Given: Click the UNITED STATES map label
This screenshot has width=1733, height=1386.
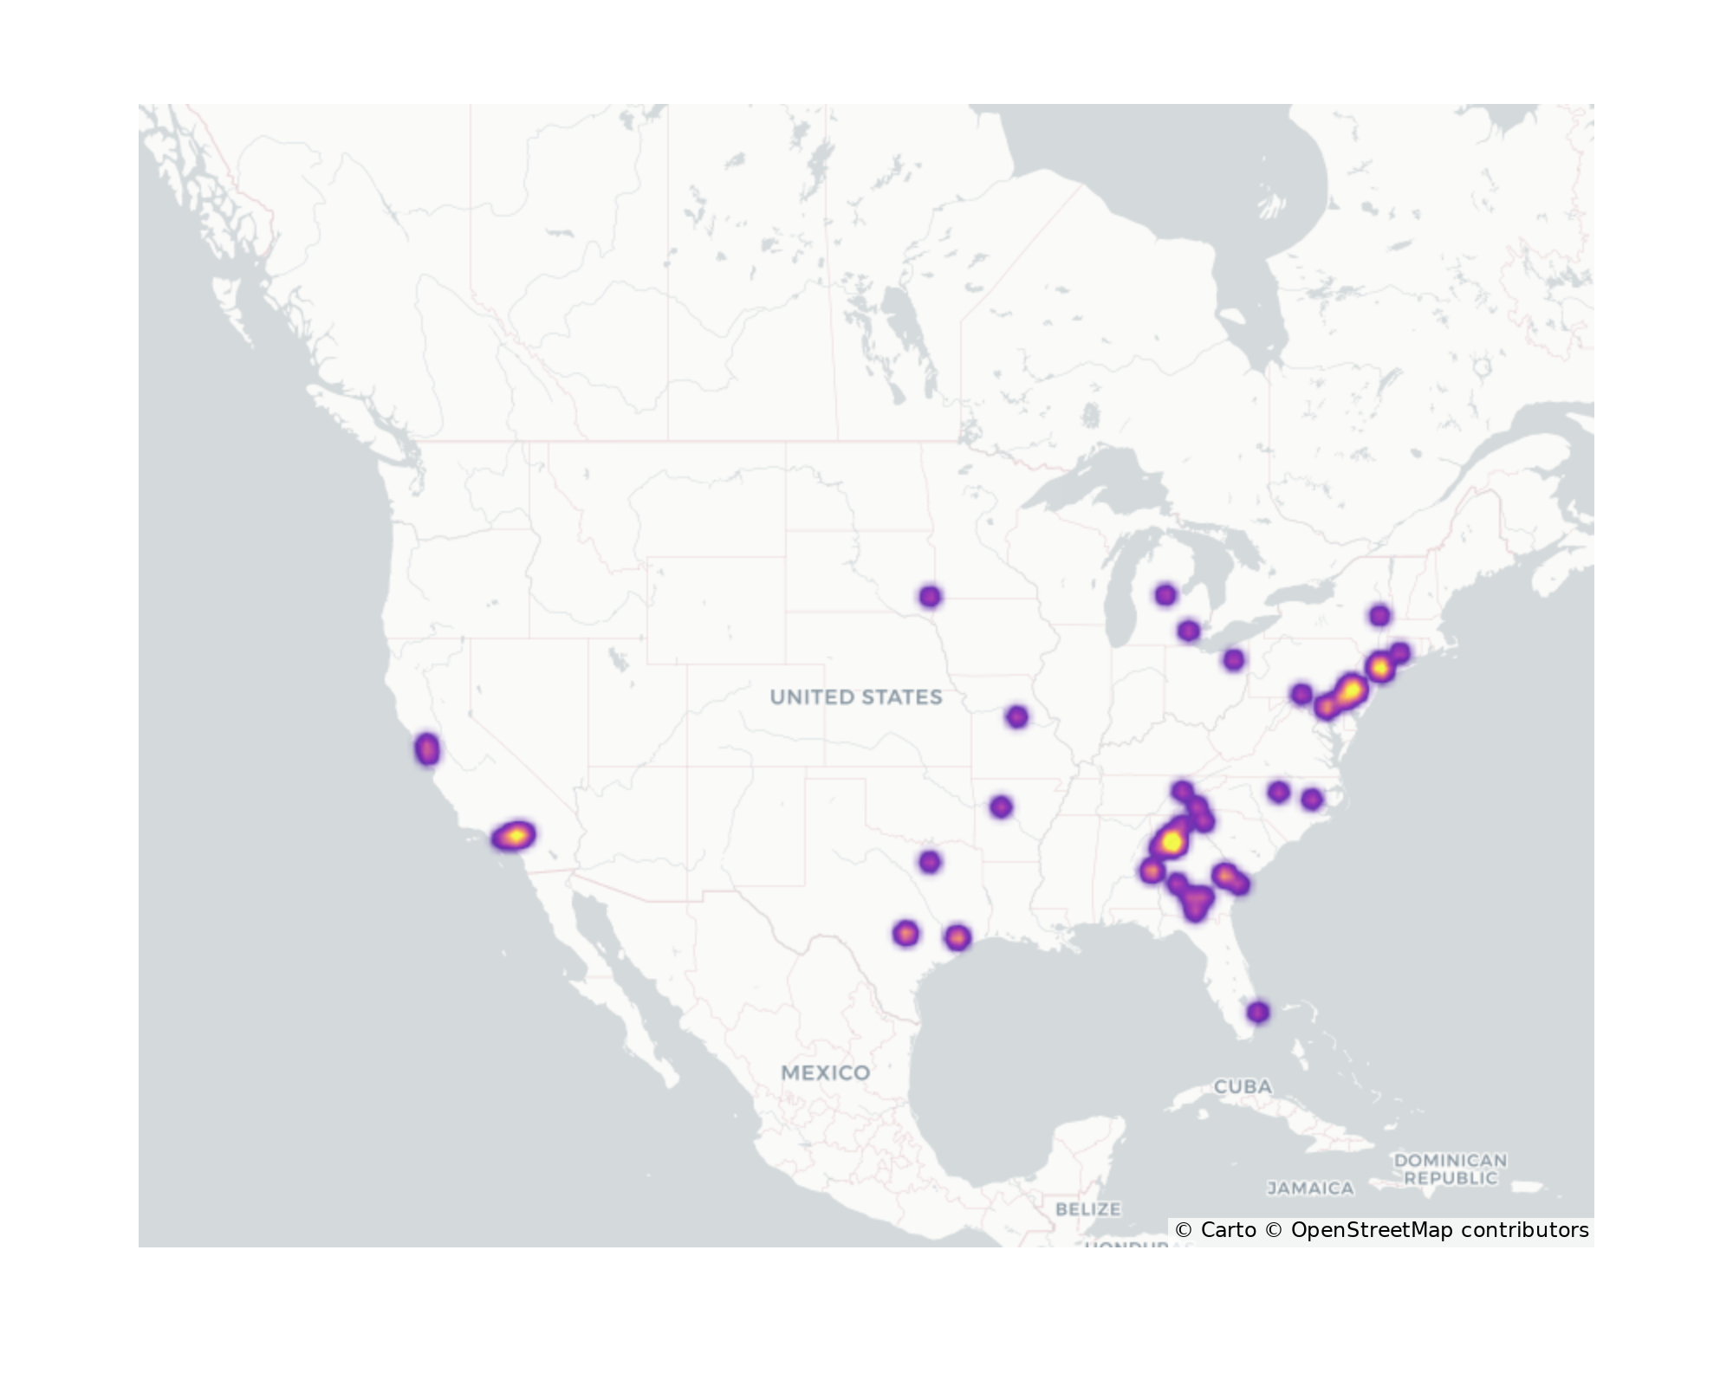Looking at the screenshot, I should [x=855, y=697].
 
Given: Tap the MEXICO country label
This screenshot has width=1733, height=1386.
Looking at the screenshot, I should [x=825, y=1072].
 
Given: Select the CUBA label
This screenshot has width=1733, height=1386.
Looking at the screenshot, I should [x=1243, y=1086].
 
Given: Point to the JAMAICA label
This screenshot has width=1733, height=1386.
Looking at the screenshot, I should [x=1310, y=1188].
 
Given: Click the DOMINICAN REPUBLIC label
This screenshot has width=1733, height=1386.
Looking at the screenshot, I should [x=1450, y=1169].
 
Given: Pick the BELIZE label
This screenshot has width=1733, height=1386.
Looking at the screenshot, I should [x=1087, y=1208].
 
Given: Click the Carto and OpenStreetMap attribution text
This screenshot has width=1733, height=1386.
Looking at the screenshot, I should [x=1381, y=1230].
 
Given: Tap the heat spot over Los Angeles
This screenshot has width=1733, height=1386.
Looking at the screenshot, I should [x=514, y=836].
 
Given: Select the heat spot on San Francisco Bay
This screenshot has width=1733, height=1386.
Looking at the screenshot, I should [x=427, y=749].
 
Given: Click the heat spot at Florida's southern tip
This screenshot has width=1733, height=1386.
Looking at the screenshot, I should [x=1258, y=1012].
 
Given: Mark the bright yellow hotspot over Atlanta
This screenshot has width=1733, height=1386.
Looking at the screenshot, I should [x=1172, y=841].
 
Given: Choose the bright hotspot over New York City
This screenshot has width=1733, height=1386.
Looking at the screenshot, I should [x=1380, y=668].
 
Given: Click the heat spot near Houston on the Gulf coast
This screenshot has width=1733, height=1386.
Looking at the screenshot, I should [x=957, y=937].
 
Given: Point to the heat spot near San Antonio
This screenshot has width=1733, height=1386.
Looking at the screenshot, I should [x=905, y=934].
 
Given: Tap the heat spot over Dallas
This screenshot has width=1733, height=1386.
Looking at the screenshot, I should [x=929, y=862].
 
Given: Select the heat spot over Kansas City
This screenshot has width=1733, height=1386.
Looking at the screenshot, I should [x=1017, y=716].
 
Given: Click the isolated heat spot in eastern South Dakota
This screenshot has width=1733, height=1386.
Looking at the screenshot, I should [x=930, y=596].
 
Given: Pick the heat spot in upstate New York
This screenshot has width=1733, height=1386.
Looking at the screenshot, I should [x=1380, y=616].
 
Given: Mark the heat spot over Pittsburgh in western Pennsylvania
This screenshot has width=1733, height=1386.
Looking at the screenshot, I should [x=1301, y=694].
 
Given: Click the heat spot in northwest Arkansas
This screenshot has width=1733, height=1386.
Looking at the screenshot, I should [x=1001, y=806].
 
